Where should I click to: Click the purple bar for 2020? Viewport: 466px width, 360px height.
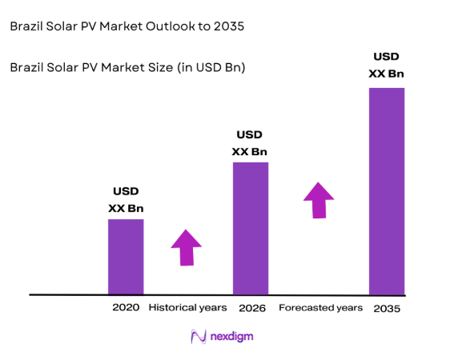point(126,256)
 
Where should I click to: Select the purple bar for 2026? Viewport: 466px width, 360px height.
point(250,228)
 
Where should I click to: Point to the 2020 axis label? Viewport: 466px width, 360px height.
point(126,307)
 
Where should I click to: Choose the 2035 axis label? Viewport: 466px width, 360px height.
point(387,308)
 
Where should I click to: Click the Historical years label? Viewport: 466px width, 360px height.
point(188,307)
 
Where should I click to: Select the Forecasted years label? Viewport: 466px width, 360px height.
point(320,307)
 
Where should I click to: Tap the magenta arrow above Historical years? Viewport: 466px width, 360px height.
point(187,247)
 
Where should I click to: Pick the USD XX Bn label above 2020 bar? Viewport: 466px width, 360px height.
point(126,200)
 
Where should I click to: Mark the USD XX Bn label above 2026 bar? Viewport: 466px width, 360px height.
point(250,143)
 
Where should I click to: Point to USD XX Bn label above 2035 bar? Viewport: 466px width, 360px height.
point(386,66)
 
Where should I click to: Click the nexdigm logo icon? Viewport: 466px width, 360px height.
point(198,337)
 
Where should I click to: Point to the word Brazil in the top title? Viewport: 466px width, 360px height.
point(26,26)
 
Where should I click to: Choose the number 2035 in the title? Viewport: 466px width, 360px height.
point(228,26)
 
